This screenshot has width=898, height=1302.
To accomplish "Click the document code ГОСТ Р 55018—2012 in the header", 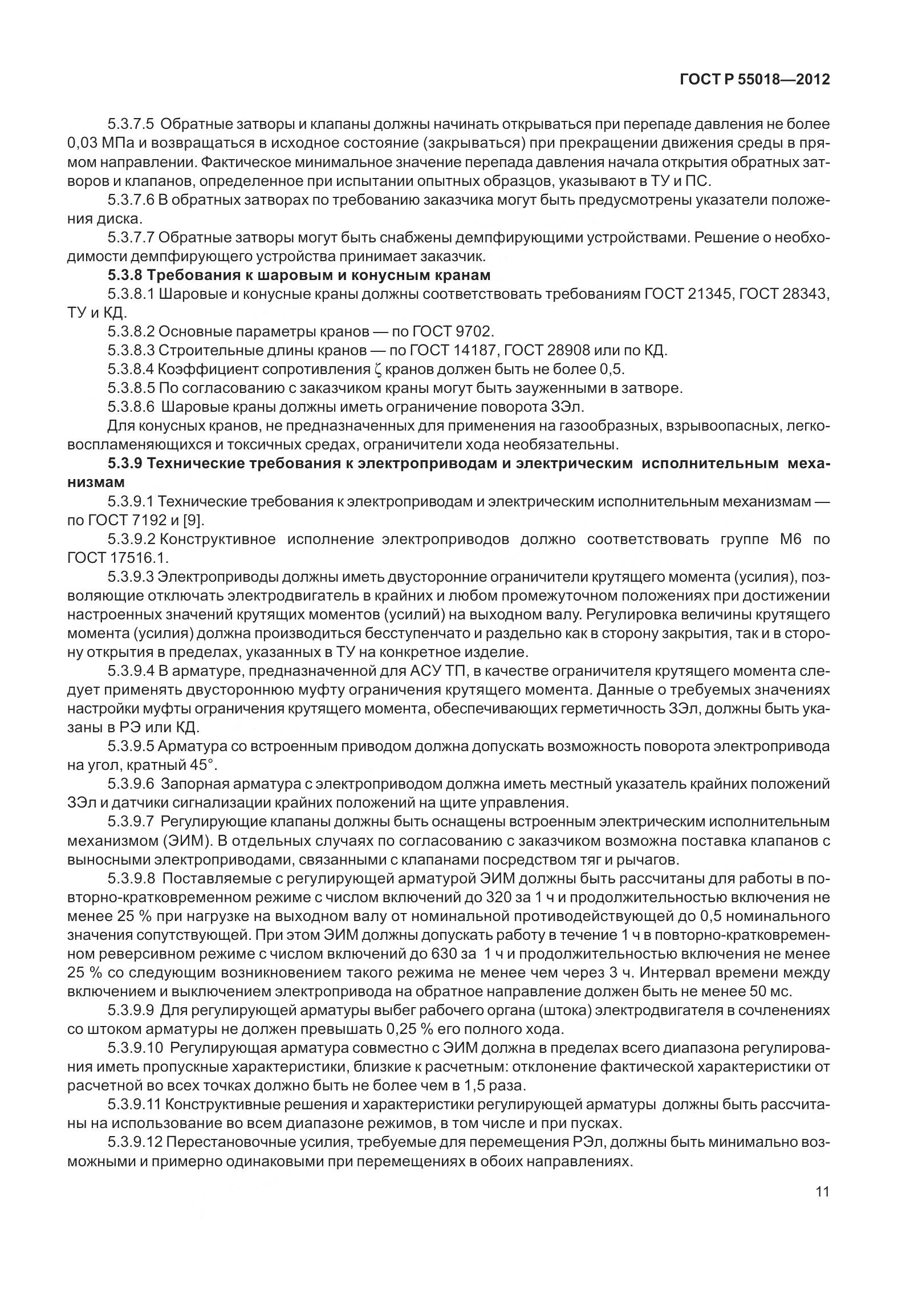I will (x=754, y=80).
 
